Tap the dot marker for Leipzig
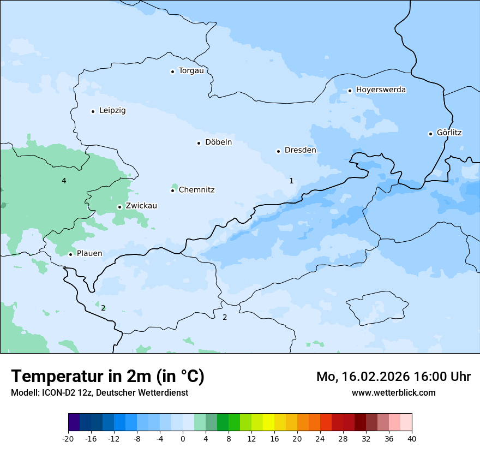[x=93, y=111]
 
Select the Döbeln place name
[x=218, y=142]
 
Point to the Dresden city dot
[x=278, y=151]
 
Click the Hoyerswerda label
[x=381, y=90]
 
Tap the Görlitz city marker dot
[x=430, y=134]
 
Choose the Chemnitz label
[x=196, y=190]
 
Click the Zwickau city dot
[x=119, y=207]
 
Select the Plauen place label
[x=89, y=254]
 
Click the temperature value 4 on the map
[x=64, y=181]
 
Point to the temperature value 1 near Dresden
[x=291, y=181]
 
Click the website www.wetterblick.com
[x=394, y=393]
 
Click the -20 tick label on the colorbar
[x=68, y=438]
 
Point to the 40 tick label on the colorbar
[x=412, y=438]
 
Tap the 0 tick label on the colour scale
[x=183, y=438]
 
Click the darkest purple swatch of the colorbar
[x=74, y=422]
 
